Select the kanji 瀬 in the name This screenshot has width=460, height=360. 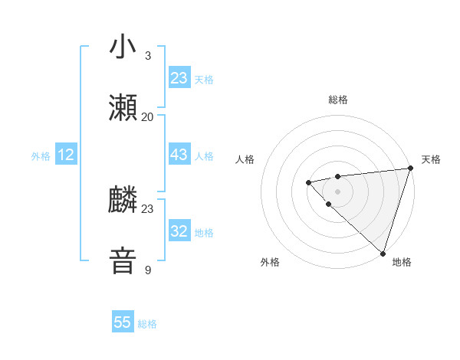point(123,109)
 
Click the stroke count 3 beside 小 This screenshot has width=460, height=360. point(148,56)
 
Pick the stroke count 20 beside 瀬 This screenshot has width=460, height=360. point(148,116)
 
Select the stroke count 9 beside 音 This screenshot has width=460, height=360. point(148,270)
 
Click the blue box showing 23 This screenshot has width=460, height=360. point(179,78)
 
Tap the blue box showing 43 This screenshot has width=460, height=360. point(179,155)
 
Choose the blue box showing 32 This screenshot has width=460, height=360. point(179,231)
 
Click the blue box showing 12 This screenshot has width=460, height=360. point(66,155)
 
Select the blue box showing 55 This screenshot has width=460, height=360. point(123,322)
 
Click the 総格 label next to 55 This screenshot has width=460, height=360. point(147,324)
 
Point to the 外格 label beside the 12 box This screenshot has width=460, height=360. point(41,156)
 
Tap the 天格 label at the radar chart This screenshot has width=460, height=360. point(431,159)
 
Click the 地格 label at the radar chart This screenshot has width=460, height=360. point(402,262)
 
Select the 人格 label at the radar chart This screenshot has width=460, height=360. point(245,159)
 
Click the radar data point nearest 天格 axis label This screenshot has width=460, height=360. point(410,168)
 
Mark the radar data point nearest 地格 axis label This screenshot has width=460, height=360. point(383,253)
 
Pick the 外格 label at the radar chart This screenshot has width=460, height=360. point(270,262)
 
